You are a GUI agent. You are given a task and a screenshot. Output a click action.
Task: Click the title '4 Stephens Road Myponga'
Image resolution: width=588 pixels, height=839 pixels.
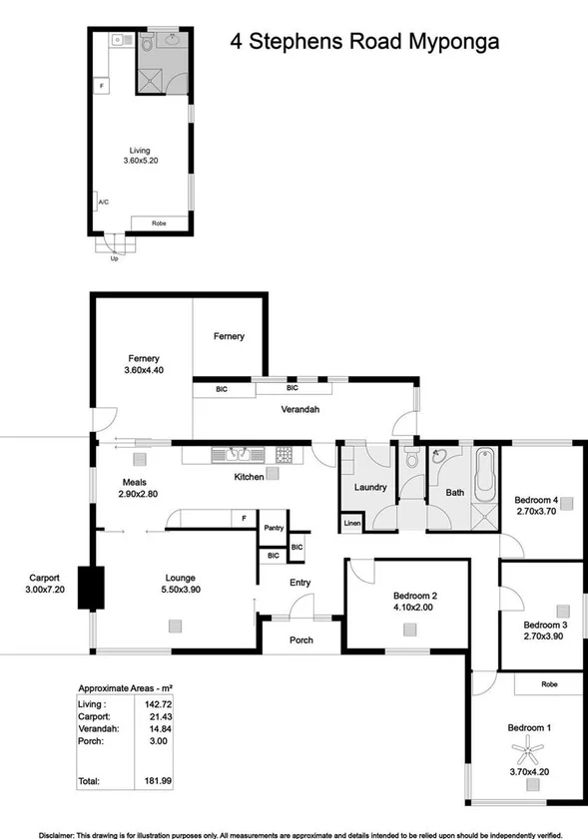click(x=364, y=42)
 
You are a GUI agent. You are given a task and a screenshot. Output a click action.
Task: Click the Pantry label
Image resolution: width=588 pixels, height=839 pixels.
click(x=273, y=528)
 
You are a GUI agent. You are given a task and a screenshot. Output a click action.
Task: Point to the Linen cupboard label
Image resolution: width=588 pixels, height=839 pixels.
click(x=351, y=523)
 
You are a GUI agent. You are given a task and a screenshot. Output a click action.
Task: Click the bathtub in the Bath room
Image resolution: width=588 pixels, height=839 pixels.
click(x=485, y=476)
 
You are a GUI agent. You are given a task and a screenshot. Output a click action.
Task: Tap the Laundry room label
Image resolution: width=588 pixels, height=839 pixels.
click(x=370, y=488)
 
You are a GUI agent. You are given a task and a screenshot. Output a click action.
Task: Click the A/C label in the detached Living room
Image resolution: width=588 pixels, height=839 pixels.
click(x=103, y=203)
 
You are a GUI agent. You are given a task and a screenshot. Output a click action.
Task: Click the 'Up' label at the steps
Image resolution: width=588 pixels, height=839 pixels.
click(x=114, y=259)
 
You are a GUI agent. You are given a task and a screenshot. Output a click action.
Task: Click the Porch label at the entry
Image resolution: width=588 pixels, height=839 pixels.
click(x=300, y=640)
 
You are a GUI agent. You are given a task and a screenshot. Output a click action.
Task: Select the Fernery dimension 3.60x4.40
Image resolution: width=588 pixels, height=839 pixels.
click(x=144, y=370)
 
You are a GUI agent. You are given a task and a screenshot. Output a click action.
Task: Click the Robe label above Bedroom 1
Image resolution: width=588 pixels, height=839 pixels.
click(x=548, y=684)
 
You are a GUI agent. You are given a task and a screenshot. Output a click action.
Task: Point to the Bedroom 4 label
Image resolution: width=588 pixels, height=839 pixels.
click(x=535, y=500)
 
